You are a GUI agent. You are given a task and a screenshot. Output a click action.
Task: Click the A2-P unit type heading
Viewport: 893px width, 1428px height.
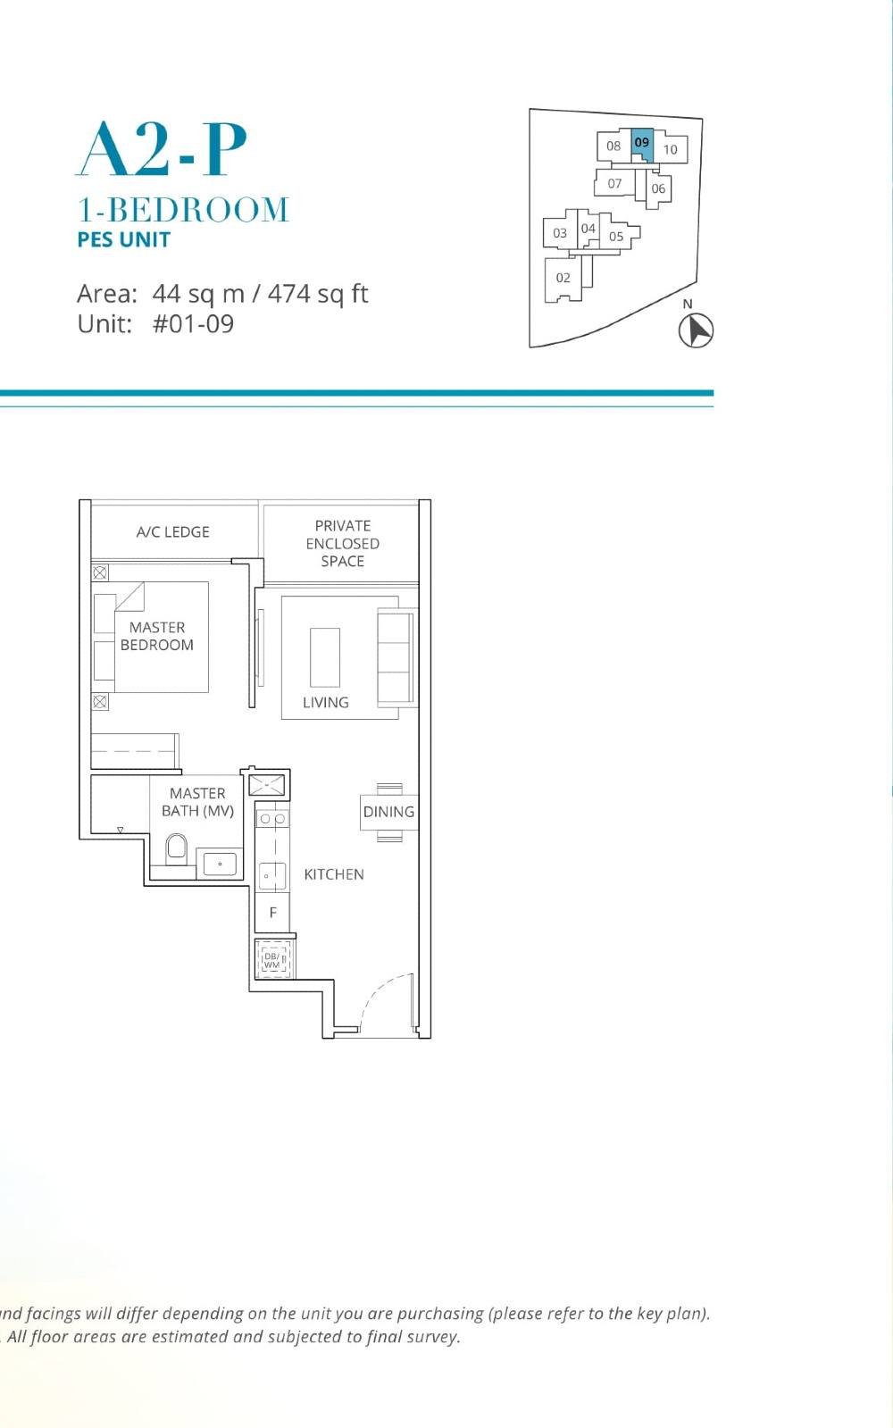pos(162,150)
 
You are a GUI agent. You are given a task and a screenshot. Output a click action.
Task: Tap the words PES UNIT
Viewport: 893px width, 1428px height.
pos(123,239)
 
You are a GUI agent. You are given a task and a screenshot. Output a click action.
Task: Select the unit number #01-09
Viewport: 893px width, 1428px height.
pos(193,323)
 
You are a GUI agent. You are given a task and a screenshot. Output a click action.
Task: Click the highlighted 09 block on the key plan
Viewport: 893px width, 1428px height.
pos(642,144)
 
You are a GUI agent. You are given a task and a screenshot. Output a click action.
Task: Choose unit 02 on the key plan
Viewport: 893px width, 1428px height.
pos(563,278)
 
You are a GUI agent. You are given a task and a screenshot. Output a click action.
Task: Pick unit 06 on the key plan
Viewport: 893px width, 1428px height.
pos(658,188)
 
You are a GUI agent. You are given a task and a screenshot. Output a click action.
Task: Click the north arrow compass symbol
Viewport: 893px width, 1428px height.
pos(696,330)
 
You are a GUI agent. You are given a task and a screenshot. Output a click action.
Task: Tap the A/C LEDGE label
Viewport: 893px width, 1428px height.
pos(172,531)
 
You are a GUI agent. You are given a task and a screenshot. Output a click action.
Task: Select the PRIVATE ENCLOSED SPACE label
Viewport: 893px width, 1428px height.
pos(342,543)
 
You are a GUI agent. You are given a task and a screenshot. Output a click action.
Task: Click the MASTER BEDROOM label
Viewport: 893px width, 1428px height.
pos(156,636)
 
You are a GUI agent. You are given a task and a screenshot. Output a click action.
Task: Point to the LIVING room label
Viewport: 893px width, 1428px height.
pos(325,702)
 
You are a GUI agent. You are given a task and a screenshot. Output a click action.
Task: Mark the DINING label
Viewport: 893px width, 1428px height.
pos(388,812)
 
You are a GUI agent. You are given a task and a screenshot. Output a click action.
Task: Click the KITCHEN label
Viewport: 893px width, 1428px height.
pos(334,874)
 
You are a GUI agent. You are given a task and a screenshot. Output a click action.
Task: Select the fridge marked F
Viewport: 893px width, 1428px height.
pos(272,912)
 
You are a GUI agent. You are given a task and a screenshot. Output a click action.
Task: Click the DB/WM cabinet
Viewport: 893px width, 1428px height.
pos(272,960)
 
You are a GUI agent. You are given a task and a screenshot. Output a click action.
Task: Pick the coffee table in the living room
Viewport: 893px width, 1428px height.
pos(325,657)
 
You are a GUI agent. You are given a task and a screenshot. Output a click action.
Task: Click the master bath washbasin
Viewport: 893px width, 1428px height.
pos(220,864)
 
